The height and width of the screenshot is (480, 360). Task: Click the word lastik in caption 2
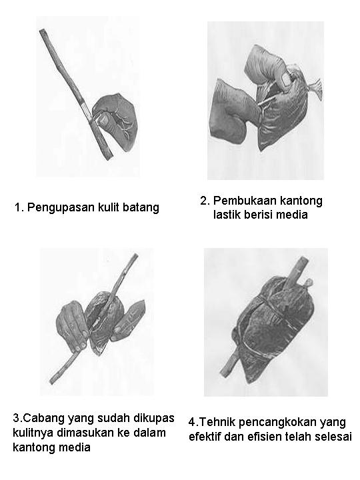click(229, 215)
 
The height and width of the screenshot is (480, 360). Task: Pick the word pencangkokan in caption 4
click(275, 422)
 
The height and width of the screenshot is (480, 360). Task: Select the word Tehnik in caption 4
click(215, 422)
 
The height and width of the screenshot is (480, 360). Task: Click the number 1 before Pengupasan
click(17, 207)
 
